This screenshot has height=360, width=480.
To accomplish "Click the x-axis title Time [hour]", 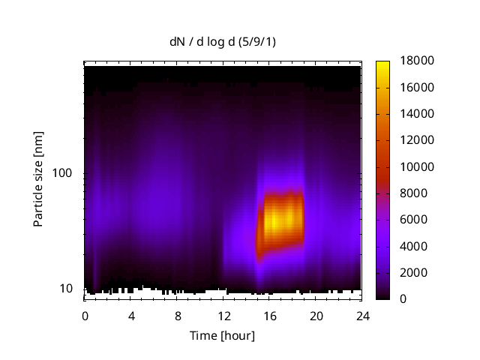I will point(221,335).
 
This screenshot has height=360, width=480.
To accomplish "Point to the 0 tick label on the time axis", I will point(85,315).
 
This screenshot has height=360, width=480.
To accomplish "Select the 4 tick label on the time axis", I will point(131,315).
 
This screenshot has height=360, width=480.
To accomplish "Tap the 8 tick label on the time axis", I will point(178,315).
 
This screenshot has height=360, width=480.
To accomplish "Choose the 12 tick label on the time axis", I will point(223,315).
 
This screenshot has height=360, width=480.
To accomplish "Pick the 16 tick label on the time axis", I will point(270,315).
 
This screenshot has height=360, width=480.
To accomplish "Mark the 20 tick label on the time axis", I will point(316,315).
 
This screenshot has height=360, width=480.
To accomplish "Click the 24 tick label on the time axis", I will point(362,315).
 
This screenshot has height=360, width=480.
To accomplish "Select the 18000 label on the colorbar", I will point(415,61).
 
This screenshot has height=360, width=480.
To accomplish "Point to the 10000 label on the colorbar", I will point(415,166).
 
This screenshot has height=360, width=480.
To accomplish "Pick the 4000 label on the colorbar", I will point(412,246).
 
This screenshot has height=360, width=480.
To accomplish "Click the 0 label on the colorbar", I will point(403,298).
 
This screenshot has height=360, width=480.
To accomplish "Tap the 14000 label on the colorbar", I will point(415,114).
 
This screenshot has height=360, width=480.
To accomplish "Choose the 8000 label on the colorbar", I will point(412,193).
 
